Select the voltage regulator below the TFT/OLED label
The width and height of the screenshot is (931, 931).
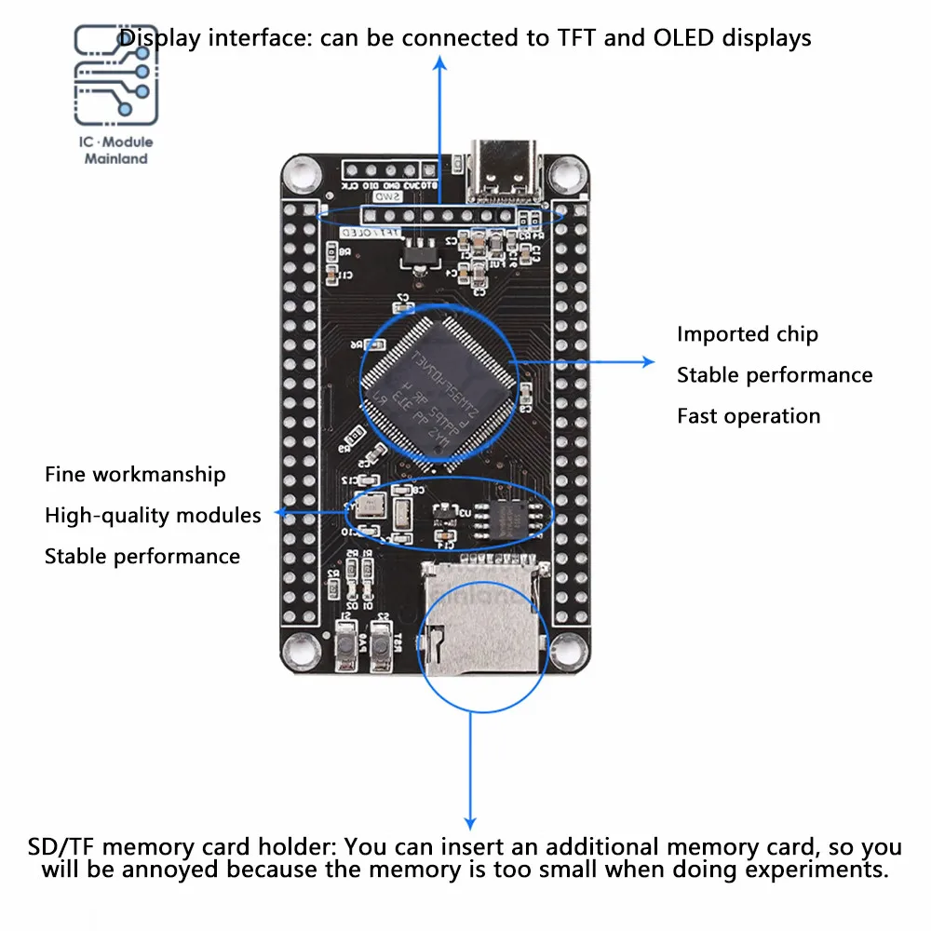[x=408, y=250]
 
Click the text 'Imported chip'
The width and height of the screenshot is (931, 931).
[x=747, y=334]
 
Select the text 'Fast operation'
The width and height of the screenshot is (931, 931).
[x=749, y=416]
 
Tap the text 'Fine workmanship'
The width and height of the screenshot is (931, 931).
[x=135, y=475]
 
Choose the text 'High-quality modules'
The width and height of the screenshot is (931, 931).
[x=153, y=515]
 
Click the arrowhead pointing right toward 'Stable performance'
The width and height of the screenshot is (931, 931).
[x=648, y=361]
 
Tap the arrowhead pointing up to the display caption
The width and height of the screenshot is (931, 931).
[x=440, y=62]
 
